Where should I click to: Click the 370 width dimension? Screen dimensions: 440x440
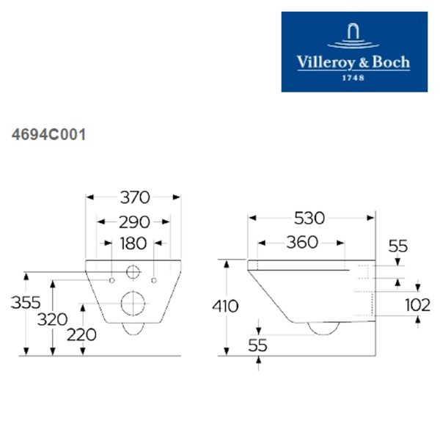click(x=135, y=197)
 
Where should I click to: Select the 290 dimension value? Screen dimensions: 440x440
click(x=134, y=222)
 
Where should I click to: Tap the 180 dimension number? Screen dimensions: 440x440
click(x=133, y=243)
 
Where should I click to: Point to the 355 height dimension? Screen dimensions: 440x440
click(x=26, y=302)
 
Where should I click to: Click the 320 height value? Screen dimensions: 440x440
click(x=53, y=319)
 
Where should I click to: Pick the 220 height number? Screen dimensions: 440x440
click(x=81, y=335)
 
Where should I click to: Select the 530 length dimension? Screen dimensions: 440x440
click(x=309, y=218)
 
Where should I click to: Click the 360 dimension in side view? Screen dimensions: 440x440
click(x=302, y=242)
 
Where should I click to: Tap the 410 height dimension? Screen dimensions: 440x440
click(x=225, y=306)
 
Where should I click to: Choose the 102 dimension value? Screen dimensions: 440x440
click(x=418, y=305)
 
